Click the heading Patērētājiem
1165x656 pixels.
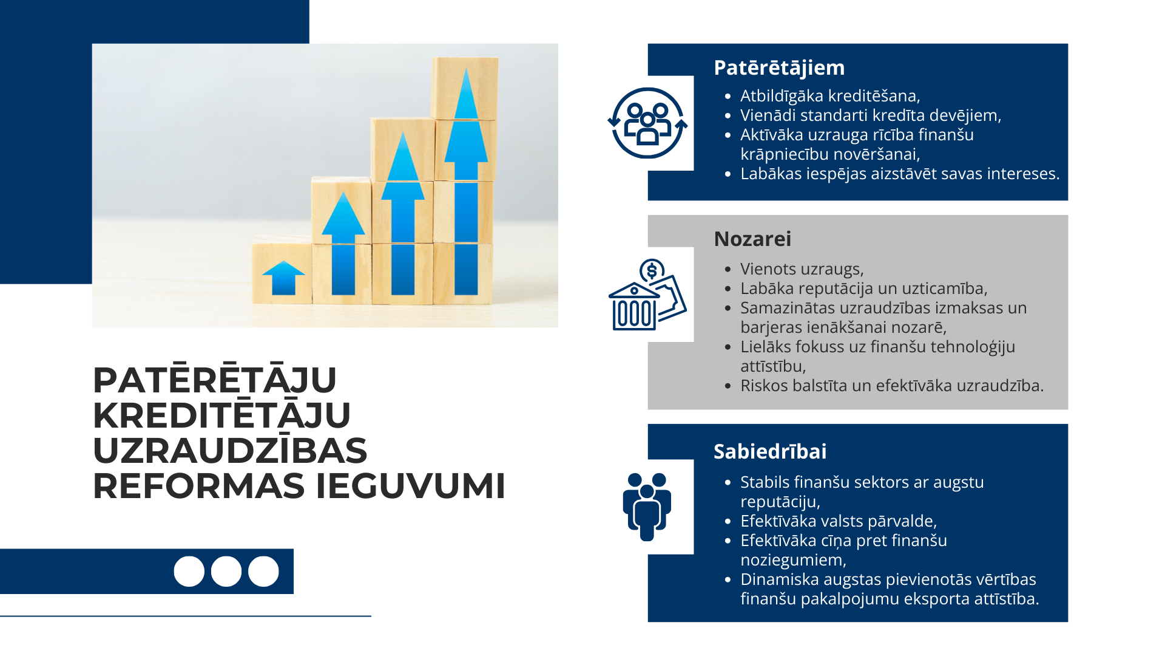[779, 68]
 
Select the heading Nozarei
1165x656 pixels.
[752, 239]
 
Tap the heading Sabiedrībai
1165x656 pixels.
[769, 452]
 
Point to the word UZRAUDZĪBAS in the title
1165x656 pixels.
[230, 451]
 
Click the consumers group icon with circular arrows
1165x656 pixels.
[647, 123]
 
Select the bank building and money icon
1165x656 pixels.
[647, 295]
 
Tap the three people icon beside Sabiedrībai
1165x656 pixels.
[647, 507]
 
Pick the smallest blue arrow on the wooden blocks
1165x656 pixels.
[283, 278]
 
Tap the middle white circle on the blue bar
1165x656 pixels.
[226, 572]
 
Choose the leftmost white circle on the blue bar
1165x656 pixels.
[189, 572]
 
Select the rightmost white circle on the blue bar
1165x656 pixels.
[263, 572]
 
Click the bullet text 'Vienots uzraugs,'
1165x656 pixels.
[802, 269]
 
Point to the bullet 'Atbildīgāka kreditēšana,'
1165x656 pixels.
[830, 96]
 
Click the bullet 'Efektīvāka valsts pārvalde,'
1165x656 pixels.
[839, 521]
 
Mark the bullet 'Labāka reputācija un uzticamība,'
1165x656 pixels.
[863, 289]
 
